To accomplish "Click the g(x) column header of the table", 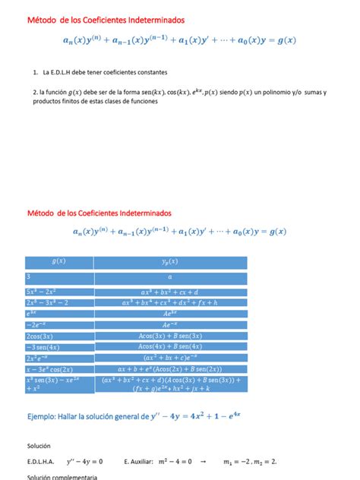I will pyautogui.click(x=58, y=261).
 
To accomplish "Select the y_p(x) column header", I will pyautogui.click(x=170, y=261).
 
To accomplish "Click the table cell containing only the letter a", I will pyautogui.click(x=170, y=278).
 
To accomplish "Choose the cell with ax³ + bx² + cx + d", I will pyautogui.click(x=170, y=291).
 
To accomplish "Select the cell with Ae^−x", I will pyautogui.click(x=170, y=324).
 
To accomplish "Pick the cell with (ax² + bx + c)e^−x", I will pyautogui.click(x=170, y=357).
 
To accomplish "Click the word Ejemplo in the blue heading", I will pyautogui.click(x=46, y=415).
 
